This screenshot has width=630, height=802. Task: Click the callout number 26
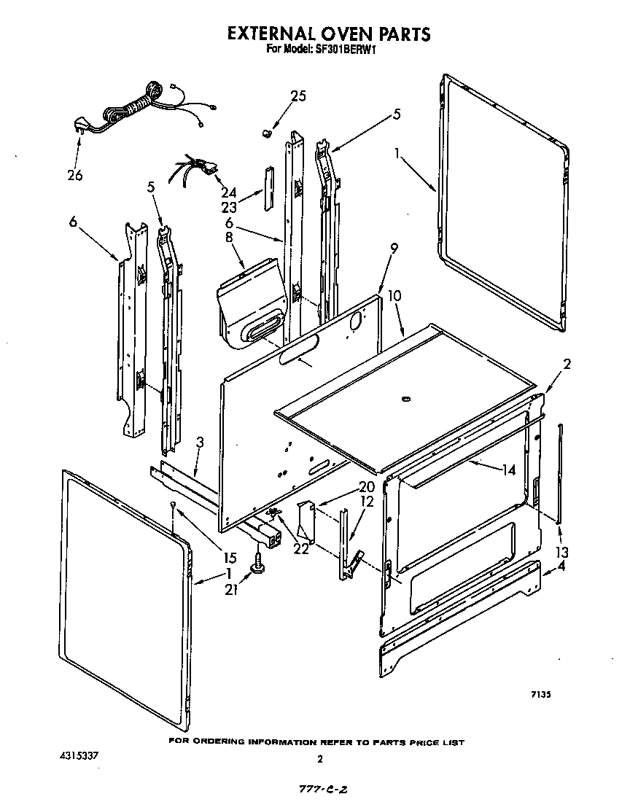click(x=74, y=175)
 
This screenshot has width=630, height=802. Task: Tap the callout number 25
click(x=298, y=96)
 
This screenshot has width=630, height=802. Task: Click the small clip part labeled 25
click(x=266, y=133)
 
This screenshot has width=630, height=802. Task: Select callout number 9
click(x=393, y=248)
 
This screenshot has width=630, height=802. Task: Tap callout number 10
click(x=394, y=296)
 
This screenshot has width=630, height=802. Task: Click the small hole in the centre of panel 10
click(x=405, y=399)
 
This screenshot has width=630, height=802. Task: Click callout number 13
click(x=561, y=552)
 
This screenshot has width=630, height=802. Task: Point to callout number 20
click(x=366, y=487)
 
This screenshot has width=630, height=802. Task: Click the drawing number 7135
click(x=540, y=696)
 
